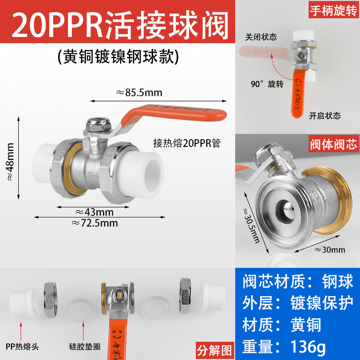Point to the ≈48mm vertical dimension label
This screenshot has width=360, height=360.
click(x=10, y=156)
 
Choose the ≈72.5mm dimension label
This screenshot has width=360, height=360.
click(x=95, y=223)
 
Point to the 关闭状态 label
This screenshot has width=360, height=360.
click(x=261, y=36)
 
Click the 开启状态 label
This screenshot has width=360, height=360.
click(x=324, y=116)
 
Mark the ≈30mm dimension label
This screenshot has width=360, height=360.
click(x=330, y=250)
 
